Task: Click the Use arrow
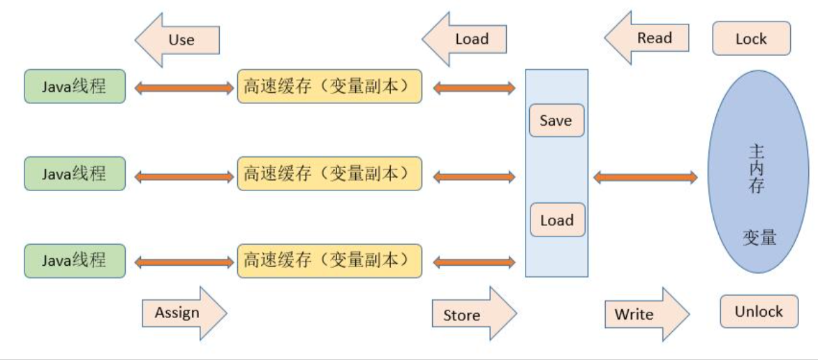[x=178, y=40]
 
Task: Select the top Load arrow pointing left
[x=466, y=39]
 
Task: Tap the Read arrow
[x=648, y=38]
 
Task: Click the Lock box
[x=751, y=39]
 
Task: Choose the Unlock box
[x=759, y=312]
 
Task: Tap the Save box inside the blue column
[x=556, y=121]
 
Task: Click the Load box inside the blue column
[x=556, y=220]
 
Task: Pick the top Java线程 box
[x=75, y=87]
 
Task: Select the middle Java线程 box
[x=75, y=174]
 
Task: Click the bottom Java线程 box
[x=75, y=261]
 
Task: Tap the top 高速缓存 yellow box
[x=329, y=87]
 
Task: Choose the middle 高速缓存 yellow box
[x=329, y=174]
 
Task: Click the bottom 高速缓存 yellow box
[x=329, y=261]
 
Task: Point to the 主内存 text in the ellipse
[x=757, y=170]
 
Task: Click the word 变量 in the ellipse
[x=759, y=237]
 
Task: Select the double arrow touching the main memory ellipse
[x=645, y=177]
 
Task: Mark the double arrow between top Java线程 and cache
[x=184, y=88]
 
